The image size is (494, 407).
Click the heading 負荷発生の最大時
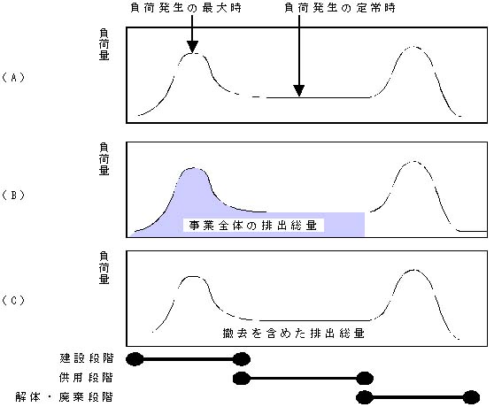click(186, 8)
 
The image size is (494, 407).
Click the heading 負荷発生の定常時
click(340, 8)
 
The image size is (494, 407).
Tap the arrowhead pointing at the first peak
click(192, 47)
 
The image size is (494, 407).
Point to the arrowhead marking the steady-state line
click(299, 90)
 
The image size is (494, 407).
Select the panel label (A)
click(13, 78)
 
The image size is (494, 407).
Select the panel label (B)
click(13, 196)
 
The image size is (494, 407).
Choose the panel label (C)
click(13, 300)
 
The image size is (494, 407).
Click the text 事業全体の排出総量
click(253, 226)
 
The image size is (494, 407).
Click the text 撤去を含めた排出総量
click(294, 333)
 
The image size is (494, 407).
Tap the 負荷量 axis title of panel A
click(104, 44)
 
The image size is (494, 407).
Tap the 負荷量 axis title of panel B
click(104, 159)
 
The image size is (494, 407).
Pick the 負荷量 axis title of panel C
click(104, 268)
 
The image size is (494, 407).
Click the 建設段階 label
click(87, 358)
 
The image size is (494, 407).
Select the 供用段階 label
click(86, 378)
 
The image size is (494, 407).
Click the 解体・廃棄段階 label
click(64, 397)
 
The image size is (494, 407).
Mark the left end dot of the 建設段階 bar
click(135, 359)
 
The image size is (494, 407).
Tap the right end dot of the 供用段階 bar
click(365, 378)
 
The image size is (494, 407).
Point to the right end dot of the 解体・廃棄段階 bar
click(471, 397)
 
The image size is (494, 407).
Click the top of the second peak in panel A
click(413, 47)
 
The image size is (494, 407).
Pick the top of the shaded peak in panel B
click(193, 168)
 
